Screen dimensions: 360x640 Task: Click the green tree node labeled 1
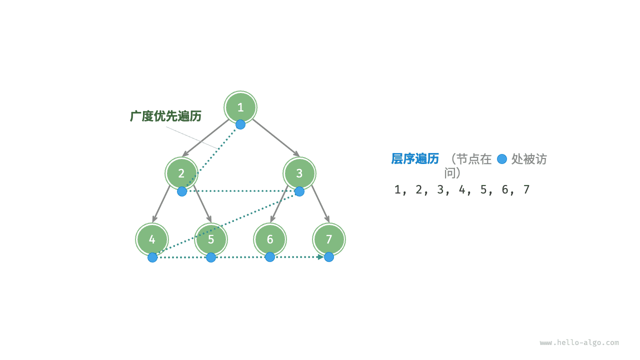click(240, 107)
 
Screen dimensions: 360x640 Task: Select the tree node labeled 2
click(181, 173)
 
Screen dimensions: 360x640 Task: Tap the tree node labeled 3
click(299, 173)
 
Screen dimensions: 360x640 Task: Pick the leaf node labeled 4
click(152, 239)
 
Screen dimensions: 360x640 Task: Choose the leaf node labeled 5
click(211, 239)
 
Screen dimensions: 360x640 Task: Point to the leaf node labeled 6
click(270, 239)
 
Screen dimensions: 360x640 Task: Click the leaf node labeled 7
click(329, 239)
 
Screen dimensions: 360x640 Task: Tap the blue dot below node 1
click(240, 124)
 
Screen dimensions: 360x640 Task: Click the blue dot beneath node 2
click(182, 191)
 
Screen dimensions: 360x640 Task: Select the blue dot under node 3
click(299, 191)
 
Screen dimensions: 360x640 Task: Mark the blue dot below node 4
click(152, 257)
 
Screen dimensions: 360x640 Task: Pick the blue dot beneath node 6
click(270, 257)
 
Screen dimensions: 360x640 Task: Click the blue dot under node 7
click(329, 257)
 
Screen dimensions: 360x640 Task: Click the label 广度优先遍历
click(165, 116)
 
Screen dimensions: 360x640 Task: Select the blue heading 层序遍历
click(415, 159)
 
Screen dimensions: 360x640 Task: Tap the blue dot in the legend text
click(502, 159)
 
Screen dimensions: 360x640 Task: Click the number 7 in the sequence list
click(526, 189)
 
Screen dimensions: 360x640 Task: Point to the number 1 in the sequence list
click(397, 189)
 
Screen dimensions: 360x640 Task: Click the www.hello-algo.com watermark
click(579, 343)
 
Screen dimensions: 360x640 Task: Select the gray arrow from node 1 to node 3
click(275, 137)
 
